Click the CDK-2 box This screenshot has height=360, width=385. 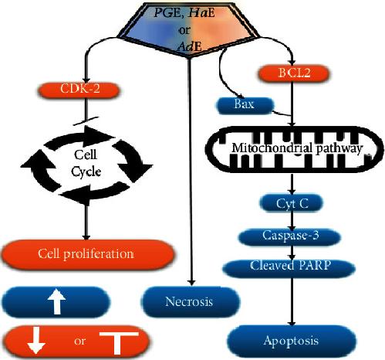79,90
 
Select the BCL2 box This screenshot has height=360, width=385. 293,73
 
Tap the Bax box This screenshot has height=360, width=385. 245,105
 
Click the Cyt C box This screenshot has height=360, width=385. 292,203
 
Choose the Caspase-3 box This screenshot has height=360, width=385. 290,236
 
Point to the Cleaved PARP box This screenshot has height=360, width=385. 289,268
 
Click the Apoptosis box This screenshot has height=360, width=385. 292,341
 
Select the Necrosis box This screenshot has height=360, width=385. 191,301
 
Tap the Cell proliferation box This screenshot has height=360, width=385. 87,254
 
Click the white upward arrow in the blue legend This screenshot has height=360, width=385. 57,301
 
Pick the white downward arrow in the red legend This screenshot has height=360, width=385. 36,340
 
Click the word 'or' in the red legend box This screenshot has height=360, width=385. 79,341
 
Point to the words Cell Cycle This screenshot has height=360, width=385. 86,163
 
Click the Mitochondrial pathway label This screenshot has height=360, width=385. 297,148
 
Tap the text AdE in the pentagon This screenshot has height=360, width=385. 189,46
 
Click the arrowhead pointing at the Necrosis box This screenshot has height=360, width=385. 191,282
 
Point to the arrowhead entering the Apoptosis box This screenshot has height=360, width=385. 292,323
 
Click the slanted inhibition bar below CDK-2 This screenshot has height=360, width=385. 86,121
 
